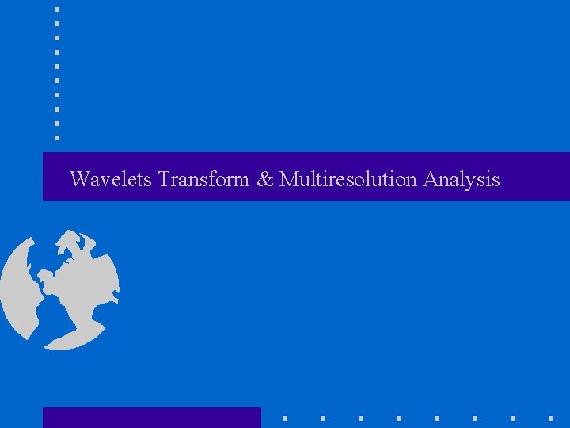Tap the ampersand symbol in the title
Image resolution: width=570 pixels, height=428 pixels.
point(264,179)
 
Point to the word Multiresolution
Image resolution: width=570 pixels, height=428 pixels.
point(348,179)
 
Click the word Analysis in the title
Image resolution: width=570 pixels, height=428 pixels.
point(462,180)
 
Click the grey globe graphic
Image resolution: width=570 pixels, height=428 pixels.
point(59,289)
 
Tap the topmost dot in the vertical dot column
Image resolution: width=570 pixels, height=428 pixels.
point(57,9)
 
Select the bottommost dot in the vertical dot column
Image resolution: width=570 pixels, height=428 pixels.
point(57,138)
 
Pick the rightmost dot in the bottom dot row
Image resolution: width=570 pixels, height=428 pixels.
point(551,418)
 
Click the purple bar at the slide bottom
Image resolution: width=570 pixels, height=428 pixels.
point(151,418)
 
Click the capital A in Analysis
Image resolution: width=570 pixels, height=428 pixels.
point(431,179)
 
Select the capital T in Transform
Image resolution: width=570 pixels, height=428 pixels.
point(164,179)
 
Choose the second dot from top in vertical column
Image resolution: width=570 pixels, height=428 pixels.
point(57,23)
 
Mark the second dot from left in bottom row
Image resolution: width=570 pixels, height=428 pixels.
point(322,418)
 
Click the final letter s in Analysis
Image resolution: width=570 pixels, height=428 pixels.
point(496,181)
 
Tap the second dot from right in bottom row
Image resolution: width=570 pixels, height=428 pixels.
point(513,418)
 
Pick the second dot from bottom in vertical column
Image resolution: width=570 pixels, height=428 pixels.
point(57,124)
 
